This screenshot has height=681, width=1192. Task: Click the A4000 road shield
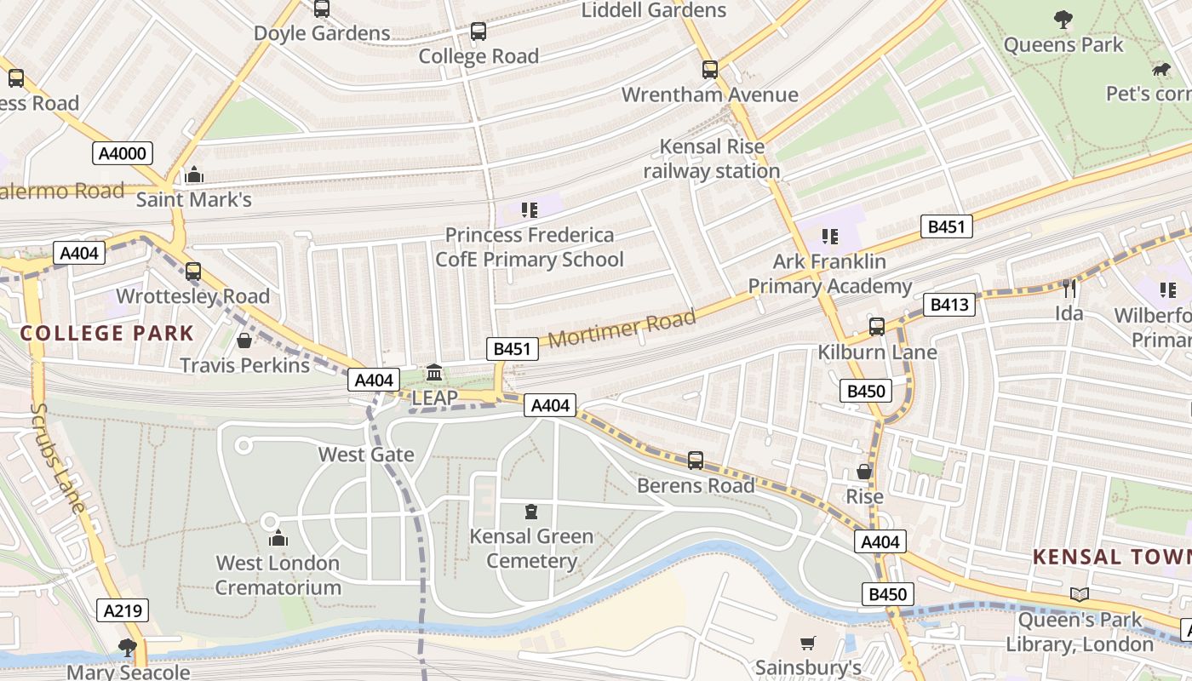pyautogui.click(x=123, y=153)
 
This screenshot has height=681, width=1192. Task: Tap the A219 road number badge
pyautogui.click(x=123, y=610)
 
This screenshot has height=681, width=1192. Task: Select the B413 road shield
pyautogui.click(x=948, y=305)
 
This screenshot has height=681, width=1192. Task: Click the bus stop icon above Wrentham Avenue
pyautogui.click(x=709, y=70)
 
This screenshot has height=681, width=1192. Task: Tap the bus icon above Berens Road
pyautogui.click(x=696, y=461)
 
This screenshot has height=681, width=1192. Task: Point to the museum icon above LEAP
pyautogui.click(x=434, y=373)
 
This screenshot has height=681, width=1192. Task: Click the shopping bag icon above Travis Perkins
pyautogui.click(x=244, y=340)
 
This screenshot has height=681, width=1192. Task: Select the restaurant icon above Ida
pyautogui.click(x=1069, y=289)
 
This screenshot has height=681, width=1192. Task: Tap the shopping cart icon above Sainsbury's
pyautogui.click(x=808, y=644)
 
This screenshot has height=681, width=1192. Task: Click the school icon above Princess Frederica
pyautogui.click(x=529, y=209)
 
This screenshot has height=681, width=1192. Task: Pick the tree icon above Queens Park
pyautogui.click(x=1063, y=19)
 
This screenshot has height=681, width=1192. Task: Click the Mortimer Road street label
pyautogui.click(x=622, y=329)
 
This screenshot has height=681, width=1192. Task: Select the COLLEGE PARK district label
pyautogui.click(x=107, y=333)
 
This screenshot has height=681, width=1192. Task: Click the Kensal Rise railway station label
pyautogui.click(x=712, y=159)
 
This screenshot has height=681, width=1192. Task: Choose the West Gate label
pyautogui.click(x=366, y=455)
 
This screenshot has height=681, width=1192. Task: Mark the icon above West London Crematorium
pyautogui.click(x=278, y=538)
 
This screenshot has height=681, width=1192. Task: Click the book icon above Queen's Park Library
pyautogui.click(x=1079, y=594)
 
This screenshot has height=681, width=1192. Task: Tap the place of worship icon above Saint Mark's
pyautogui.click(x=194, y=175)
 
